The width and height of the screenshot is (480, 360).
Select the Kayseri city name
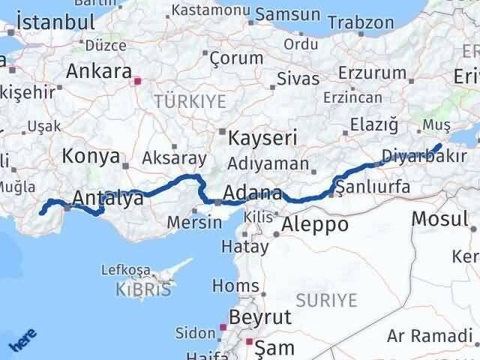click(x=262, y=138)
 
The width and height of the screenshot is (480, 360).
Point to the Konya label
click(x=91, y=156)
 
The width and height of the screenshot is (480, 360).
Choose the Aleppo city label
click(x=314, y=223)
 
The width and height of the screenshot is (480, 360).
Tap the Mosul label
click(x=439, y=218)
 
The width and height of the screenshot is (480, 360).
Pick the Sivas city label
click(x=298, y=79)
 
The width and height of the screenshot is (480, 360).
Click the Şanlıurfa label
click(x=373, y=186)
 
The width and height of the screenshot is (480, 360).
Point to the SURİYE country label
click(x=327, y=300)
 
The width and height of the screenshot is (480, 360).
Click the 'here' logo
click(x=22, y=341)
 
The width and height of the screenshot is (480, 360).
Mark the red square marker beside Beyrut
click(x=223, y=327)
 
